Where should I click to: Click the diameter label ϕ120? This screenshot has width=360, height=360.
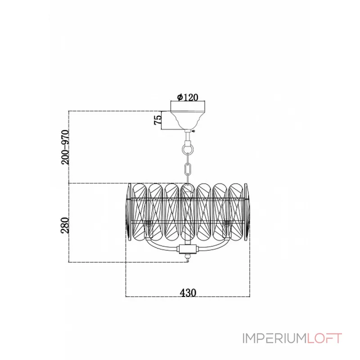(x=188, y=97)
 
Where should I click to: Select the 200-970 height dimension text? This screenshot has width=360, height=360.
(x=66, y=147)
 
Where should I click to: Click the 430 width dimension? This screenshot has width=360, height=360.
(x=188, y=292)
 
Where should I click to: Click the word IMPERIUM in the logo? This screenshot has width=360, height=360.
(x=274, y=338)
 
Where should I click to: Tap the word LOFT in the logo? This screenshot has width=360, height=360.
(x=324, y=338)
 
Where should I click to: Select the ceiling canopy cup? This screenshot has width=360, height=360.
(x=188, y=118)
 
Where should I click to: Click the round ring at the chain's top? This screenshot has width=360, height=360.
(x=188, y=147)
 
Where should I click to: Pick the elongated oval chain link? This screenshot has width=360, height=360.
(x=188, y=170)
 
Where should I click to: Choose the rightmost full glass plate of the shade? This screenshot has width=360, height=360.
(x=236, y=211)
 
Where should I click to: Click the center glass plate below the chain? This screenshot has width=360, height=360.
(x=187, y=211)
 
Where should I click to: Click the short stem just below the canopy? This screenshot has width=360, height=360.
(x=188, y=134)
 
